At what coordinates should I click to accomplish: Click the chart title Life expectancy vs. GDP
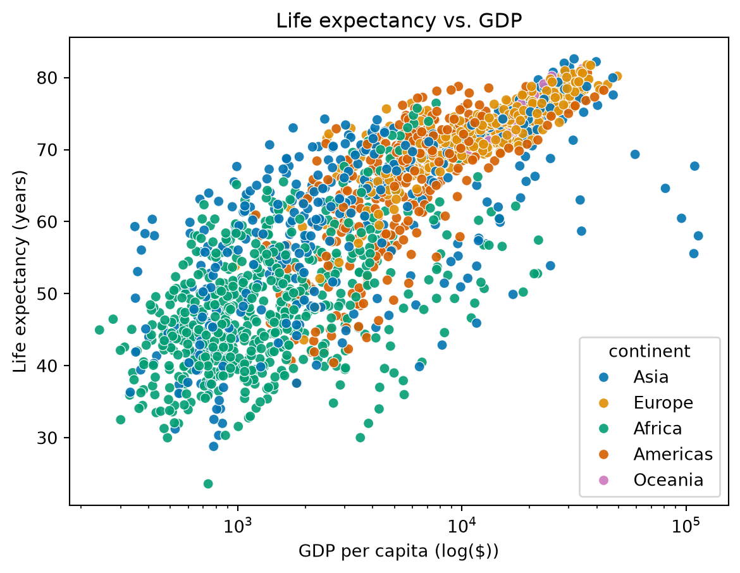click(x=399, y=21)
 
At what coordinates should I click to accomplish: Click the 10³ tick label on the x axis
click(x=237, y=525)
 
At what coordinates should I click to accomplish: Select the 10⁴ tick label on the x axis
click(x=461, y=525)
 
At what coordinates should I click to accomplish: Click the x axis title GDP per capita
click(x=398, y=551)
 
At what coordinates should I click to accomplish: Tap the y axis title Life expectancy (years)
click(x=20, y=271)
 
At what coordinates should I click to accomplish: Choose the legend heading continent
click(x=650, y=352)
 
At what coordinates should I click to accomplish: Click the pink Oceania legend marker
click(x=603, y=480)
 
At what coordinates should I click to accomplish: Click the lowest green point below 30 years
click(x=208, y=484)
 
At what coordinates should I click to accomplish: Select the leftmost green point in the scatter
click(x=99, y=330)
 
